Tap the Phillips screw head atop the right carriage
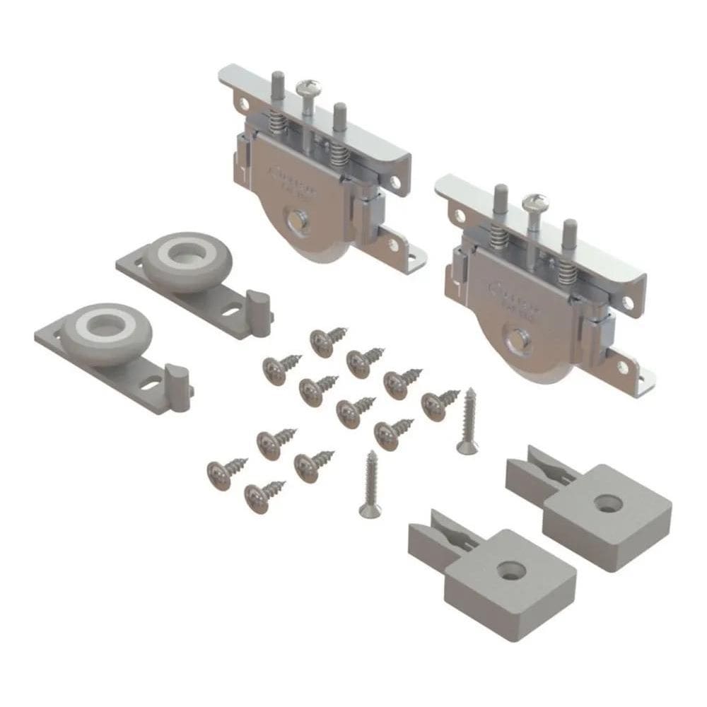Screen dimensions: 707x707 coord(532,202)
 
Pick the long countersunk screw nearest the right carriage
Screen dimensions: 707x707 coord(467,420)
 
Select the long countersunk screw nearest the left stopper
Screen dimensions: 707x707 coord(368,484)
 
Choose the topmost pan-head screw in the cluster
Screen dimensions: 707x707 coord(323,341)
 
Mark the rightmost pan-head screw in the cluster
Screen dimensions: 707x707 coord(436,404)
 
